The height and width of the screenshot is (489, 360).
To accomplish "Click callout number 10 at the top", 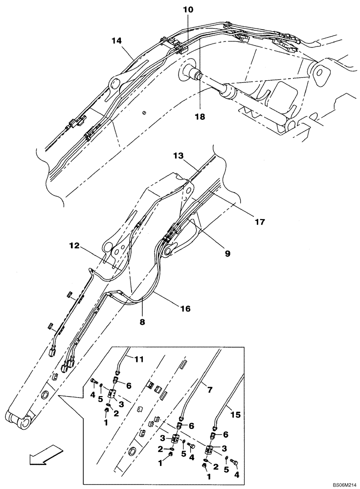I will (x=189, y=10).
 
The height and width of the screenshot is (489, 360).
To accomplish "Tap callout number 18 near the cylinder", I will (x=201, y=117).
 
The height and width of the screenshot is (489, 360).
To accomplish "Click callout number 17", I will (x=259, y=222).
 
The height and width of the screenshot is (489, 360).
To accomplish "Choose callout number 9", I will (x=227, y=253).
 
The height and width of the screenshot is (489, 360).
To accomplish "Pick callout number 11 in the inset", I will (x=139, y=360).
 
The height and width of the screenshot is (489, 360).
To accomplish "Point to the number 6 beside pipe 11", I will (x=129, y=385).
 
